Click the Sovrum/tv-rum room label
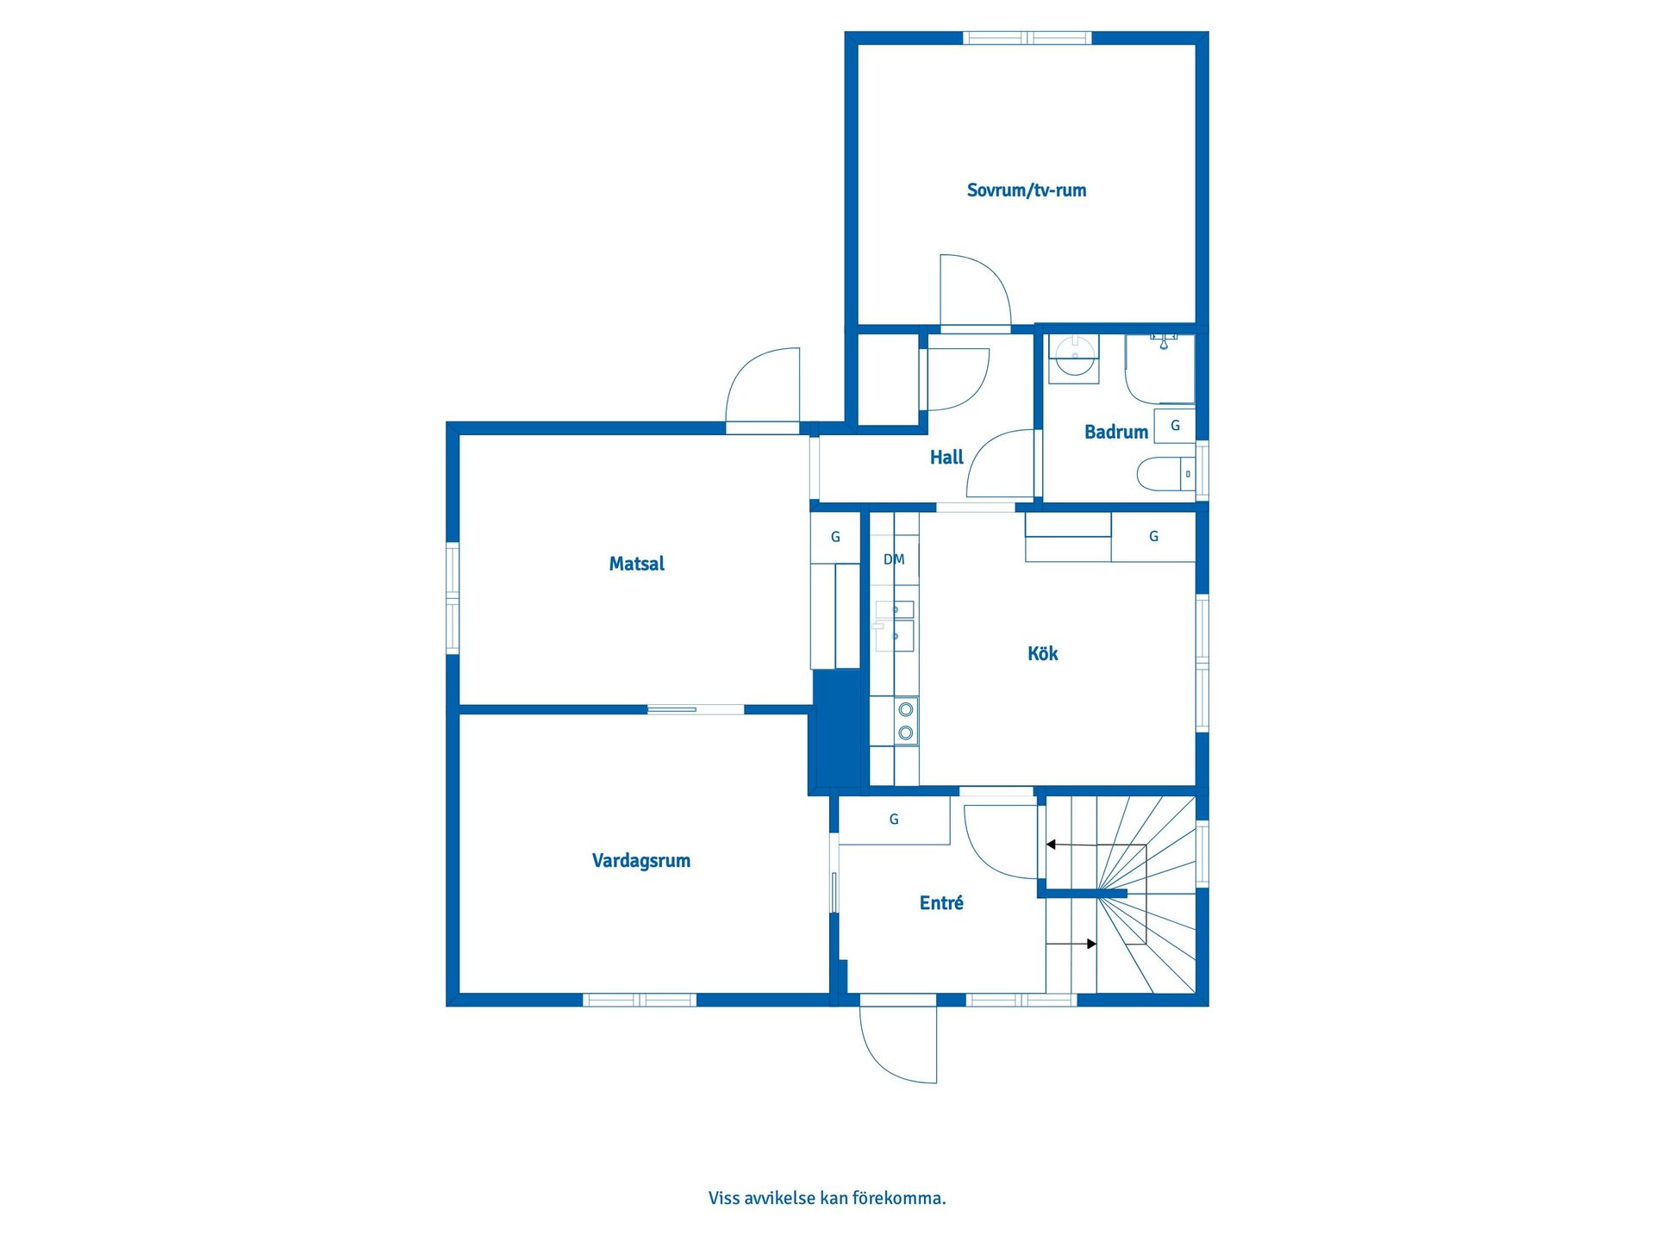pyautogui.click(x=1026, y=190)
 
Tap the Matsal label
pyautogui.click(x=636, y=564)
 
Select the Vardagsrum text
pyautogui.click(x=640, y=861)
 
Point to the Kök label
pyautogui.click(x=1042, y=653)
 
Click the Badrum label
pyautogui.click(x=1115, y=432)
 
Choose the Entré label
pyautogui.click(x=941, y=902)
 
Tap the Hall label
pyautogui.click(x=946, y=458)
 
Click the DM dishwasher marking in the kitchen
pyautogui.click(x=894, y=559)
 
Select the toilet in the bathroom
pyautogui.click(x=1165, y=474)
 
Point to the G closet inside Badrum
pyautogui.click(x=1174, y=426)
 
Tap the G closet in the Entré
pyautogui.click(x=894, y=820)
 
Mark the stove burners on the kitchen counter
pyautogui.click(x=905, y=721)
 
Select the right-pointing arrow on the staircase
pyautogui.click(x=1071, y=944)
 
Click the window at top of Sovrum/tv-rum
pyautogui.click(x=1027, y=38)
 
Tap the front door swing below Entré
pyautogui.click(x=898, y=1043)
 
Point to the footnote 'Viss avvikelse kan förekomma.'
pyautogui.click(x=827, y=1198)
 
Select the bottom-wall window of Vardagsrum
pyautogui.click(x=640, y=1000)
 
